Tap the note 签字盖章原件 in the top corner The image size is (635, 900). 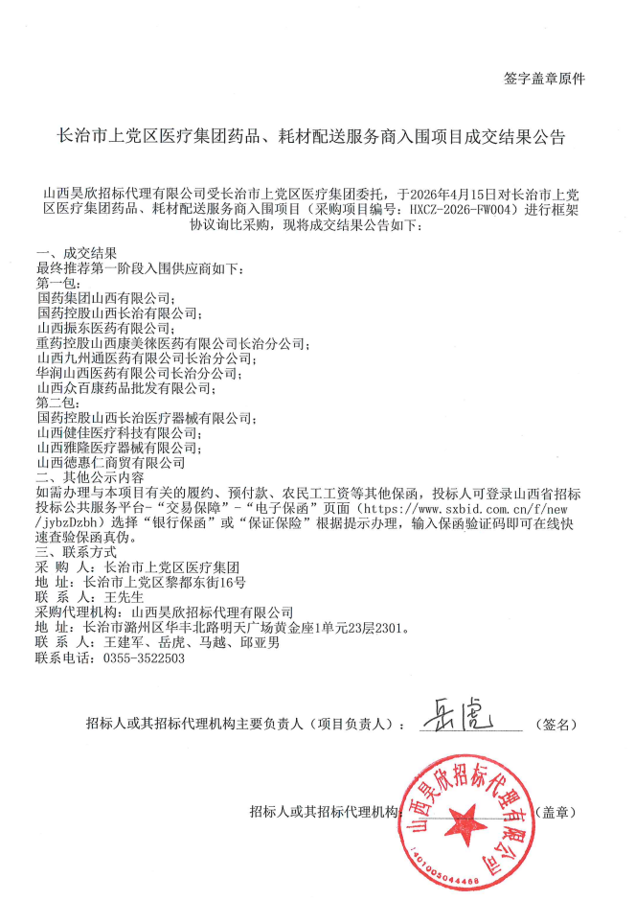pos(543,79)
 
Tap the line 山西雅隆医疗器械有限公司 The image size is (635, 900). pos(118,448)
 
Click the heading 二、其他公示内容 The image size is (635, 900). pos(88,477)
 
